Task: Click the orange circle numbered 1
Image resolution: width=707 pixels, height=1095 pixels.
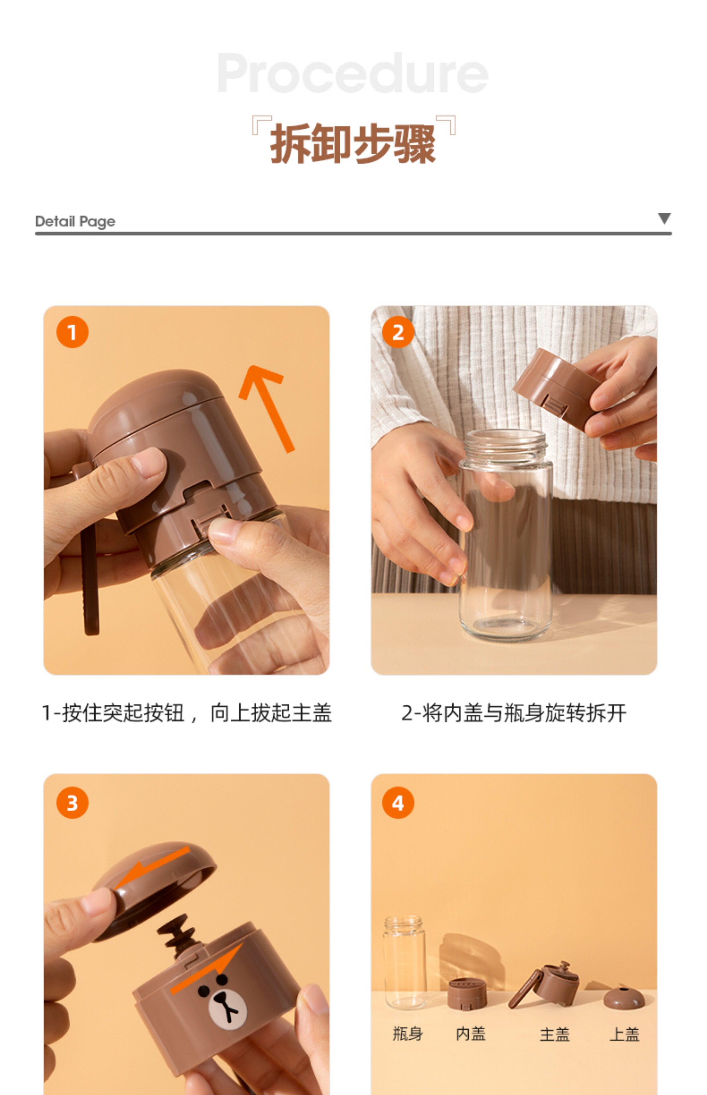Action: coord(72,332)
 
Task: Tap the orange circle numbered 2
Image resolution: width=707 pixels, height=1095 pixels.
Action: coord(398,332)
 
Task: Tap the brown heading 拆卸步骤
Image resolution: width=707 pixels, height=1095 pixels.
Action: coord(353,144)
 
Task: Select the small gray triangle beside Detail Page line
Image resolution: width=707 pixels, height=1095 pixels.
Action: coord(664,218)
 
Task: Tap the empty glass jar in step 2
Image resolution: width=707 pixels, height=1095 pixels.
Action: coord(505,535)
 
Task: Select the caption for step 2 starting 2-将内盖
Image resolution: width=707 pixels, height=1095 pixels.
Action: coord(514,713)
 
